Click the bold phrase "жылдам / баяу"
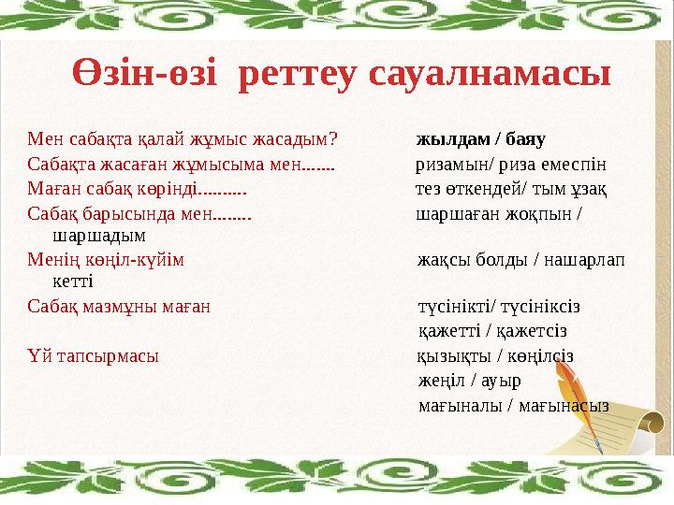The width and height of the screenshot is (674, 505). [x=480, y=140]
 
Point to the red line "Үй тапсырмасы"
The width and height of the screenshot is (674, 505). [x=93, y=355]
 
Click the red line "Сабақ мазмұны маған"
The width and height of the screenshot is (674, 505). [x=119, y=305]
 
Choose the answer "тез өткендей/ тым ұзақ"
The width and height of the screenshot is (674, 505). [x=511, y=190]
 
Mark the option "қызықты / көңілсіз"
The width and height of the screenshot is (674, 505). [x=495, y=355]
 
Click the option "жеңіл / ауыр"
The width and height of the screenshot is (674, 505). [x=469, y=381]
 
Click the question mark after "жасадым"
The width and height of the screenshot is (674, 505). [x=334, y=141]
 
